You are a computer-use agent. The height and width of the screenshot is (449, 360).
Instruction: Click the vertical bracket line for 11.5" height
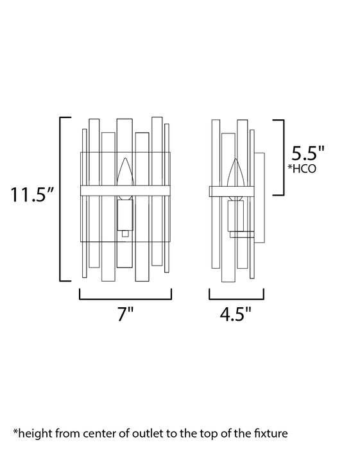(x=60, y=199)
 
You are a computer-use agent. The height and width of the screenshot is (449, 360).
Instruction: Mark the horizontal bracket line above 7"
(x=125, y=299)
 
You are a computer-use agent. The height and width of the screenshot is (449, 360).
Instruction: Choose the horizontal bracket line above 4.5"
(x=237, y=299)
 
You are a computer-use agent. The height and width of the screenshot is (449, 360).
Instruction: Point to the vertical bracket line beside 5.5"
(x=283, y=157)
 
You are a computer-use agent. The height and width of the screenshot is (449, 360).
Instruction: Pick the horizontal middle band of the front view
(x=125, y=191)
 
